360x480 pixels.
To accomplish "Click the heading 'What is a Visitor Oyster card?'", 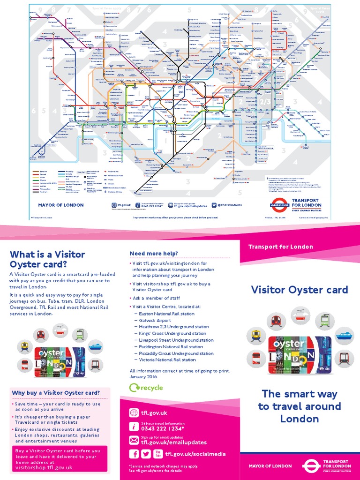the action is (x=47, y=259).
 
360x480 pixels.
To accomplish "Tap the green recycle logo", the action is (x=146, y=388).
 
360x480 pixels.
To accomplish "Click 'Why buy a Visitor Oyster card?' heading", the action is (x=56, y=393).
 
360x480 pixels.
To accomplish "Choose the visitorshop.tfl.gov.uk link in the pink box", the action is (x=44, y=468).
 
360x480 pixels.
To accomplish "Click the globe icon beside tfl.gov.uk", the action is (x=134, y=413).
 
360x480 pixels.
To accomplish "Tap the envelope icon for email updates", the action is (x=134, y=440).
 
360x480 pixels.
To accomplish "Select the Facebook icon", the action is (x=134, y=454).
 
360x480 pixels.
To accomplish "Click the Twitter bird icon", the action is (x=145, y=454).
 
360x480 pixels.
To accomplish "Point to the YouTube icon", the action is (x=157, y=454).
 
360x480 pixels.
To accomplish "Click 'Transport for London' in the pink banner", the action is (x=280, y=247).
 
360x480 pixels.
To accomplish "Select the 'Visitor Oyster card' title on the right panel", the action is (x=300, y=290).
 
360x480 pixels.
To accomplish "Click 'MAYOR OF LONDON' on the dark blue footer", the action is (x=267, y=466).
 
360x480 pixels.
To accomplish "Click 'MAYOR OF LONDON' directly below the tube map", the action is (x=61, y=205).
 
